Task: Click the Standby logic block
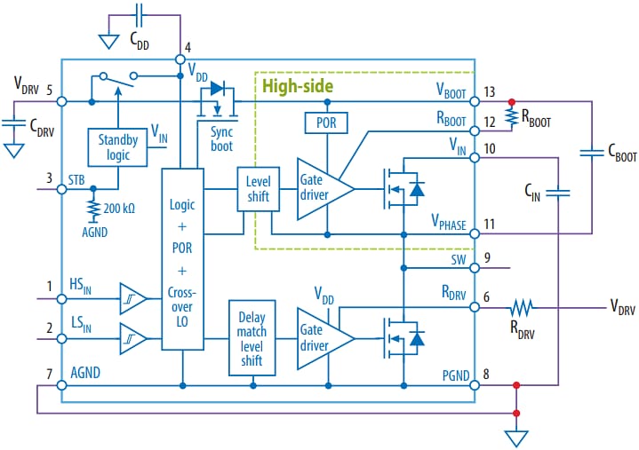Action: (x=114, y=146)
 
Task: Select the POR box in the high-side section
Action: (x=325, y=122)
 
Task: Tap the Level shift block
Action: (x=257, y=189)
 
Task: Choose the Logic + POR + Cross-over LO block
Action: (x=181, y=258)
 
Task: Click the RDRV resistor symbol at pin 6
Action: (x=521, y=309)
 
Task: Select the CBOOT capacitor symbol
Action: (x=594, y=153)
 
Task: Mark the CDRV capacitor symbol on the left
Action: (x=13, y=122)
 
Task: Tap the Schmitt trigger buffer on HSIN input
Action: (x=132, y=298)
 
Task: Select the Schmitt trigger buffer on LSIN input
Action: (x=132, y=336)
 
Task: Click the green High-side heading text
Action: (x=298, y=86)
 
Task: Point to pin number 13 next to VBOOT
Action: (x=490, y=92)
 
